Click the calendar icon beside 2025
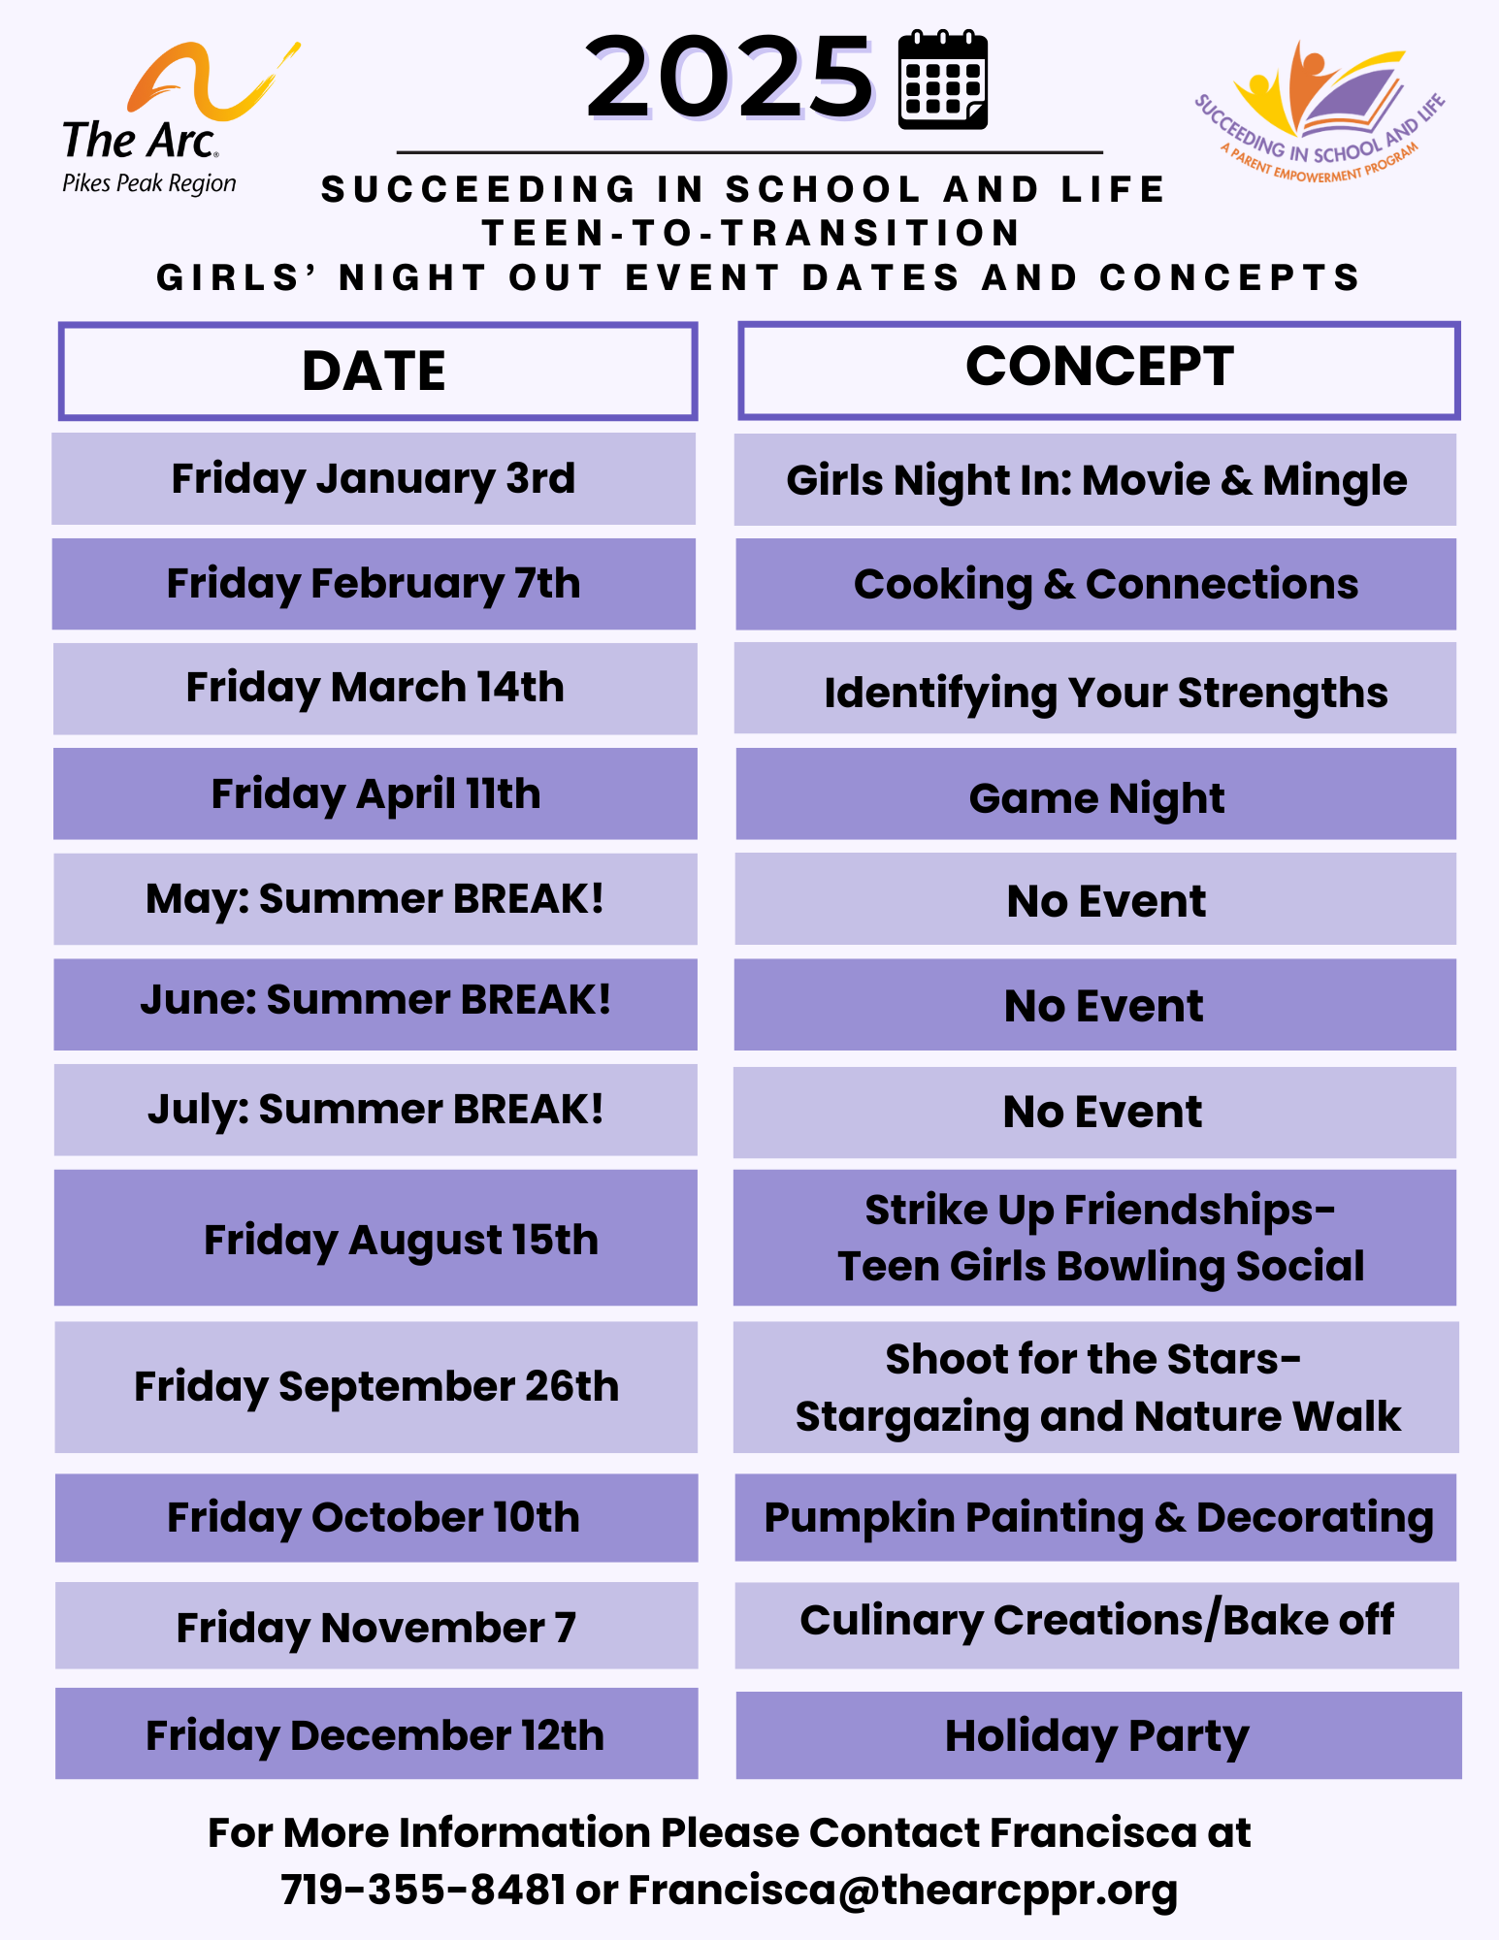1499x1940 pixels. click(942, 80)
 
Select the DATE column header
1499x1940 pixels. click(377, 372)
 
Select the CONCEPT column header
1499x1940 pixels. click(1098, 371)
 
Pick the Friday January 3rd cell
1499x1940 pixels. click(374, 479)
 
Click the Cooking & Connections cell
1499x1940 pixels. click(1095, 584)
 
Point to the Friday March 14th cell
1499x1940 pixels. click(375, 689)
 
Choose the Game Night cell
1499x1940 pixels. click(1095, 793)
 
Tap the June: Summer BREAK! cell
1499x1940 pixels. click(375, 1004)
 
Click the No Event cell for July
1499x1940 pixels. click(1094, 1113)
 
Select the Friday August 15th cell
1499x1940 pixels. click(375, 1238)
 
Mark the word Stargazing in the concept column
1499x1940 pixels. click(911, 1417)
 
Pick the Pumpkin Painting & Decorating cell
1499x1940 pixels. click(1096, 1517)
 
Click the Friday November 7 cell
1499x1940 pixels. click(376, 1626)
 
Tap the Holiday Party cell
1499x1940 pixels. click(1098, 1735)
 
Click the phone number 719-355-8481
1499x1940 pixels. click(423, 1890)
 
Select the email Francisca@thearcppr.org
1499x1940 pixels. click(903, 1891)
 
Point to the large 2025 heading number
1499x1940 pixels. click(730, 78)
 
